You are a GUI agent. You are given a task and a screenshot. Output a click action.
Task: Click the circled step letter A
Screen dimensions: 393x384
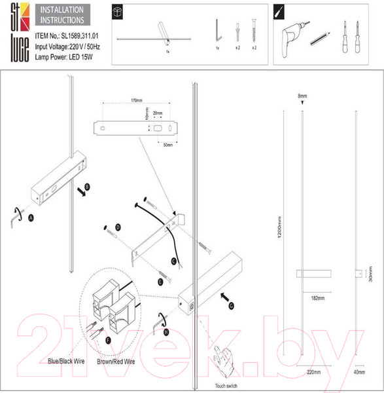(31, 215)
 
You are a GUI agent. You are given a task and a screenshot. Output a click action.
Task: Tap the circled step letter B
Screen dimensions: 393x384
(88, 186)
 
